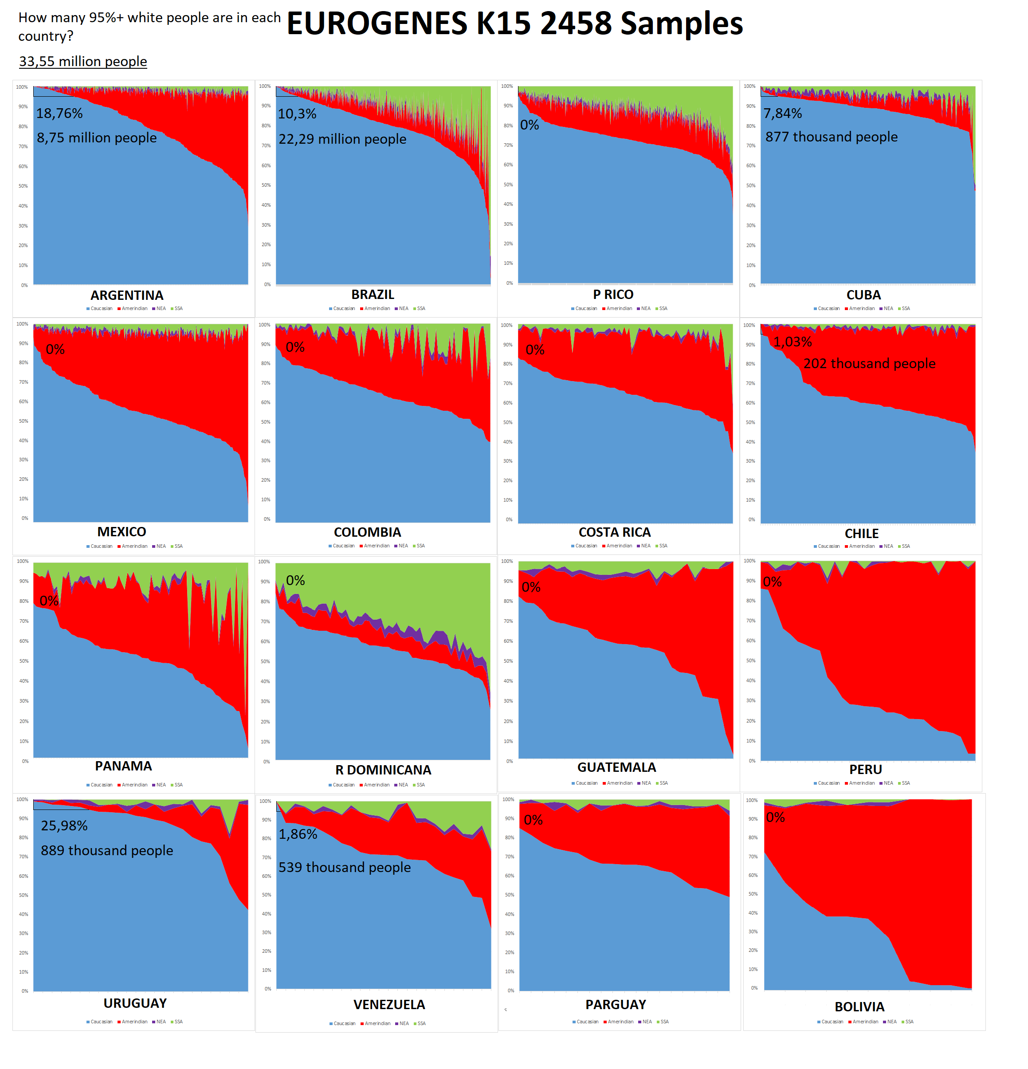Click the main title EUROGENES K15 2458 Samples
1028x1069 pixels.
click(x=514, y=24)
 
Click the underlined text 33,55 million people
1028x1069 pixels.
click(x=83, y=61)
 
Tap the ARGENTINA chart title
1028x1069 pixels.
click(x=126, y=295)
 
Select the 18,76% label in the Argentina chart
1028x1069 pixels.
click(x=59, y=114)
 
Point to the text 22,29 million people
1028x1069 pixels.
click(x=342, y=139)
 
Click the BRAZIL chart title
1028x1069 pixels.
click(x=373, y=295)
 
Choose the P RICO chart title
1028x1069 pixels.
click(x=613, y=295)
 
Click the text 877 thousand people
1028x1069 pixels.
click(x=831, y=137)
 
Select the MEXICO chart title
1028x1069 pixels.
click(x=122, y=532)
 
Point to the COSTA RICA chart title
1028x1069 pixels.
click(x=615, y=532)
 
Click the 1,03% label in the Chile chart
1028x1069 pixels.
click(x=793, y=342)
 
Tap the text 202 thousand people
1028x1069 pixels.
click(x=869, y=364)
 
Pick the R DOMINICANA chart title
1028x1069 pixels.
click(x=383, y=770)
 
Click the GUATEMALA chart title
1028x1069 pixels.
click(x=616, y=767)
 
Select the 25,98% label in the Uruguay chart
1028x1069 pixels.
click(x=64, y=826)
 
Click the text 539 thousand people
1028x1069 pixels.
click(x=344, y=867)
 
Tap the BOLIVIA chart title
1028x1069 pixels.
click(x=859, y=1007)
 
